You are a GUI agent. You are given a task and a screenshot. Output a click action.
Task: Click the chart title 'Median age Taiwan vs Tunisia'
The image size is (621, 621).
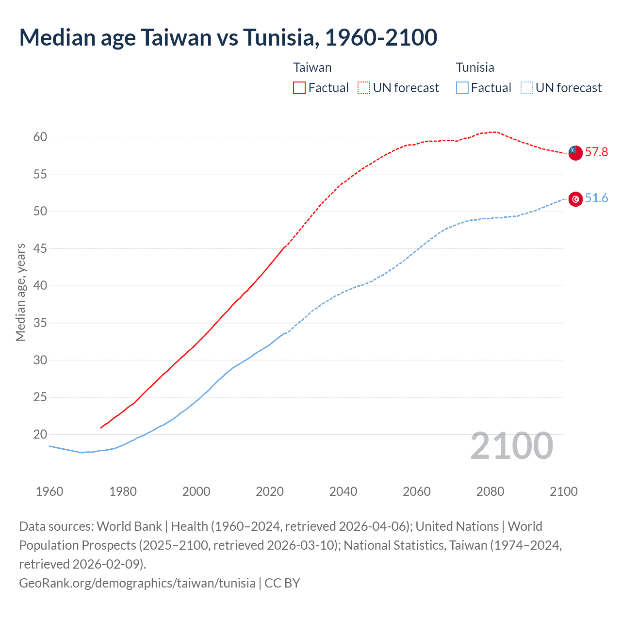pyautogui.click(x=228, y=37)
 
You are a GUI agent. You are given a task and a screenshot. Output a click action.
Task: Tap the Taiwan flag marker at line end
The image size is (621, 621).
pyautogui.click(x=575, y=152)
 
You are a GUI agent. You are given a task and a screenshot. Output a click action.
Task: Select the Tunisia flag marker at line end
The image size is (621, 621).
pyautogui.click(x=575, y=199)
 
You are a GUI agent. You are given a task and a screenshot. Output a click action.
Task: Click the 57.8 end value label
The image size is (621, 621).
pyautogui.click(x=596, y=152)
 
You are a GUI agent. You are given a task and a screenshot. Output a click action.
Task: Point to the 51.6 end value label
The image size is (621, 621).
pyautogui.click(x=596, y=198)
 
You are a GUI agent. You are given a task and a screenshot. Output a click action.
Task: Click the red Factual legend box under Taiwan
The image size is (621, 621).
pyautogui.click(x=299, y=88)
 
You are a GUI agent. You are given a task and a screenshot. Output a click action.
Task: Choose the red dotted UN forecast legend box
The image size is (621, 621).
pyautogui.click(x=364, y=88)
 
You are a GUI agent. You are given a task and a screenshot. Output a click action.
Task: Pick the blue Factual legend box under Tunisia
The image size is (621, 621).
pyautogui.click(x=462, y=88)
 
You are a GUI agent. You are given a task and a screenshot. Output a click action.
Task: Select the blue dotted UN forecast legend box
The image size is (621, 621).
pyautogui.click(x=526, y=88)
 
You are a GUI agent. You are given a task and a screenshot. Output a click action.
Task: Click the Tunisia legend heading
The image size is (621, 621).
pyautogui.click(x=475, y=67)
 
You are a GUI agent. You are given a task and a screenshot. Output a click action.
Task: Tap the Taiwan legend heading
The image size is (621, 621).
pyautogui.click(x=312, y=67)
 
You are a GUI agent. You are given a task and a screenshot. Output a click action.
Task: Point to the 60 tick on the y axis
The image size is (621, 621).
pyautogui.click(x=40, y=137)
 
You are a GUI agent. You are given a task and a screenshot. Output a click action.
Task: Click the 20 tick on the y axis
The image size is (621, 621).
pyautogui.click(x=40, y=435)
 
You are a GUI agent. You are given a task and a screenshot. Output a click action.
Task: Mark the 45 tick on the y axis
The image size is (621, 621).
pyautogui.click(x=40, y=249)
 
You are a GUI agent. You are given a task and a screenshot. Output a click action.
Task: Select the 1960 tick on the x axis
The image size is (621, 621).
pyautogui.click(x=49, y=491)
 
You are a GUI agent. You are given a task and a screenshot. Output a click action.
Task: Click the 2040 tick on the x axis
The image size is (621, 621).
pyautogui.click(x=343, y=491)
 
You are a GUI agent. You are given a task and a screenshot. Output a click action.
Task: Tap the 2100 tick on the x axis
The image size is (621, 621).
pyautogui.click(x=563, y=491)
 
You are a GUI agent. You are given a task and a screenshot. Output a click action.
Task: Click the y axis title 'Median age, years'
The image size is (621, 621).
pyautogui.click(x=20, y=293)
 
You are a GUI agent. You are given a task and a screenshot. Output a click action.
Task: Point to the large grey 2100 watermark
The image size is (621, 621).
pyautogui.click(x=511, y=446)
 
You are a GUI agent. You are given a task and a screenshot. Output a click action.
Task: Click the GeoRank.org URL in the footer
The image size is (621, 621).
pyautogui.click(x=137, y=583)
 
